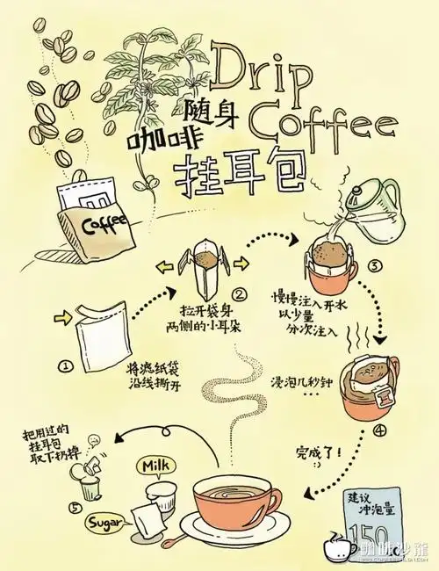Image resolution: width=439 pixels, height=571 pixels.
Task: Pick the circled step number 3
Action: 373,266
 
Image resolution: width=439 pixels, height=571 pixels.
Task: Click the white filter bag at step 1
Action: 104,335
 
